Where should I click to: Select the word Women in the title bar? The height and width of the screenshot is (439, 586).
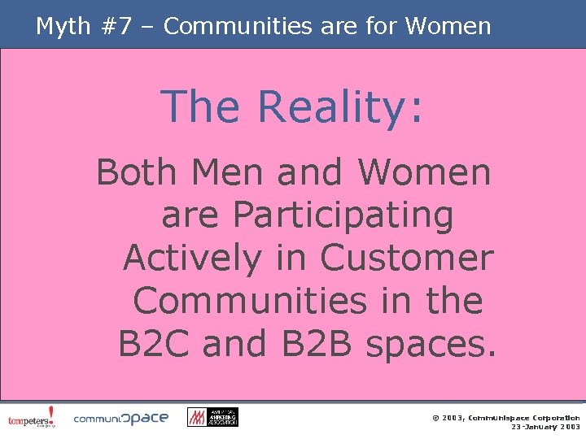coord(448,26)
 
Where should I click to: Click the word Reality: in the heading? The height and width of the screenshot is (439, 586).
coord(340,107)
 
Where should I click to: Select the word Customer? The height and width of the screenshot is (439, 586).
coord(407,258)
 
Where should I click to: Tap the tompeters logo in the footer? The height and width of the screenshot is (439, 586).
coord(32,417)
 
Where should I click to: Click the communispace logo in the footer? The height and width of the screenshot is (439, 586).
coord(121,418)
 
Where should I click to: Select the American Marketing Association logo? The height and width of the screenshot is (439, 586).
coord(212,417)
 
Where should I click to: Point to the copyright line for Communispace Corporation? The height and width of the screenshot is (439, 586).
coord(505,416)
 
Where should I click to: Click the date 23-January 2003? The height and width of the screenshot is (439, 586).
coord(545,427)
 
